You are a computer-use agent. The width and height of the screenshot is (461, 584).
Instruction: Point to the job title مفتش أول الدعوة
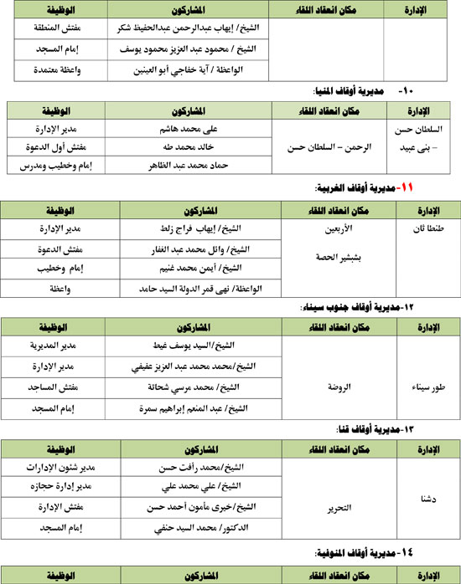(58, 146)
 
